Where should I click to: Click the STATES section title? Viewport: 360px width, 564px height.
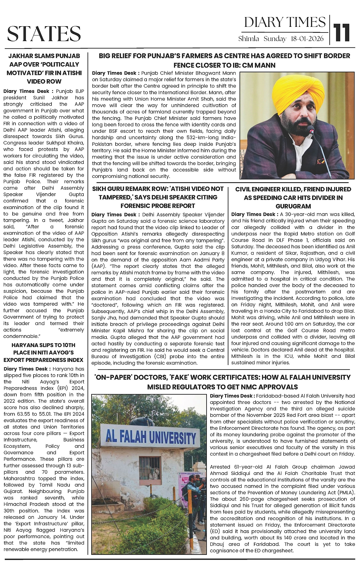click(44, 33)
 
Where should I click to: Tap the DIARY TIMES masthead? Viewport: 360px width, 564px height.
click(285, 22)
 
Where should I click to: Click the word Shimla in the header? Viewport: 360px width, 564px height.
click(249, 39)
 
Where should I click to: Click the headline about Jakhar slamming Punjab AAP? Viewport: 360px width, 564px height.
click(44, 69)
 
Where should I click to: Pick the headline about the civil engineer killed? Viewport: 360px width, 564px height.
click(293, 198)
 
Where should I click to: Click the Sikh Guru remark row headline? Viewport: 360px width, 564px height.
click(158, 197)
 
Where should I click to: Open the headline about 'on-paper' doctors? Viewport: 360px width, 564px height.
click(222, 382)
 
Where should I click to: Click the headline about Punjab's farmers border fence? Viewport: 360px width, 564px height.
click(224, 60)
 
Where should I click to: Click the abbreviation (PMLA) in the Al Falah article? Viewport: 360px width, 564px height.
click(345, 492)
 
